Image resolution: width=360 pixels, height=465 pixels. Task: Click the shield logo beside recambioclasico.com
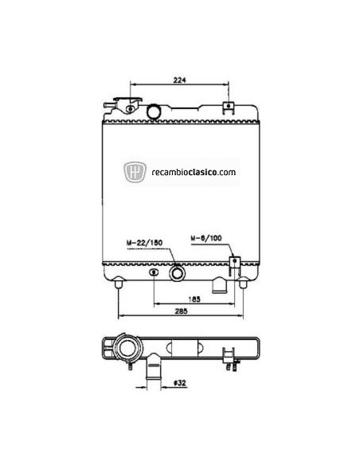point(135,170)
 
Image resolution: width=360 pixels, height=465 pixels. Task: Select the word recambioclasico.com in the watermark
point(190,171)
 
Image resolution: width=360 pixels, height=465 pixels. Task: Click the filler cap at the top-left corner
point(127,105)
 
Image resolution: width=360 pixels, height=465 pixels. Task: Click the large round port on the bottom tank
point(177,274)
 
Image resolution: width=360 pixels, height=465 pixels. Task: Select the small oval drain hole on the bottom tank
point(152,272)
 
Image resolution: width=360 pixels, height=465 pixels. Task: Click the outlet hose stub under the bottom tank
point(220,283)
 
